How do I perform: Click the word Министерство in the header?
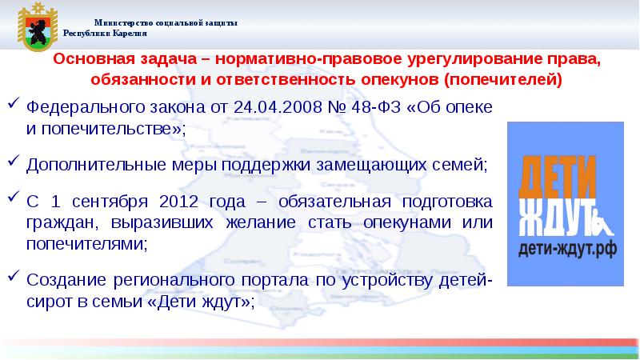pyautogui.click(x=122, y=23)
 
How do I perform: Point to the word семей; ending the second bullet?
pyautogui.click(x=462, y=165)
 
